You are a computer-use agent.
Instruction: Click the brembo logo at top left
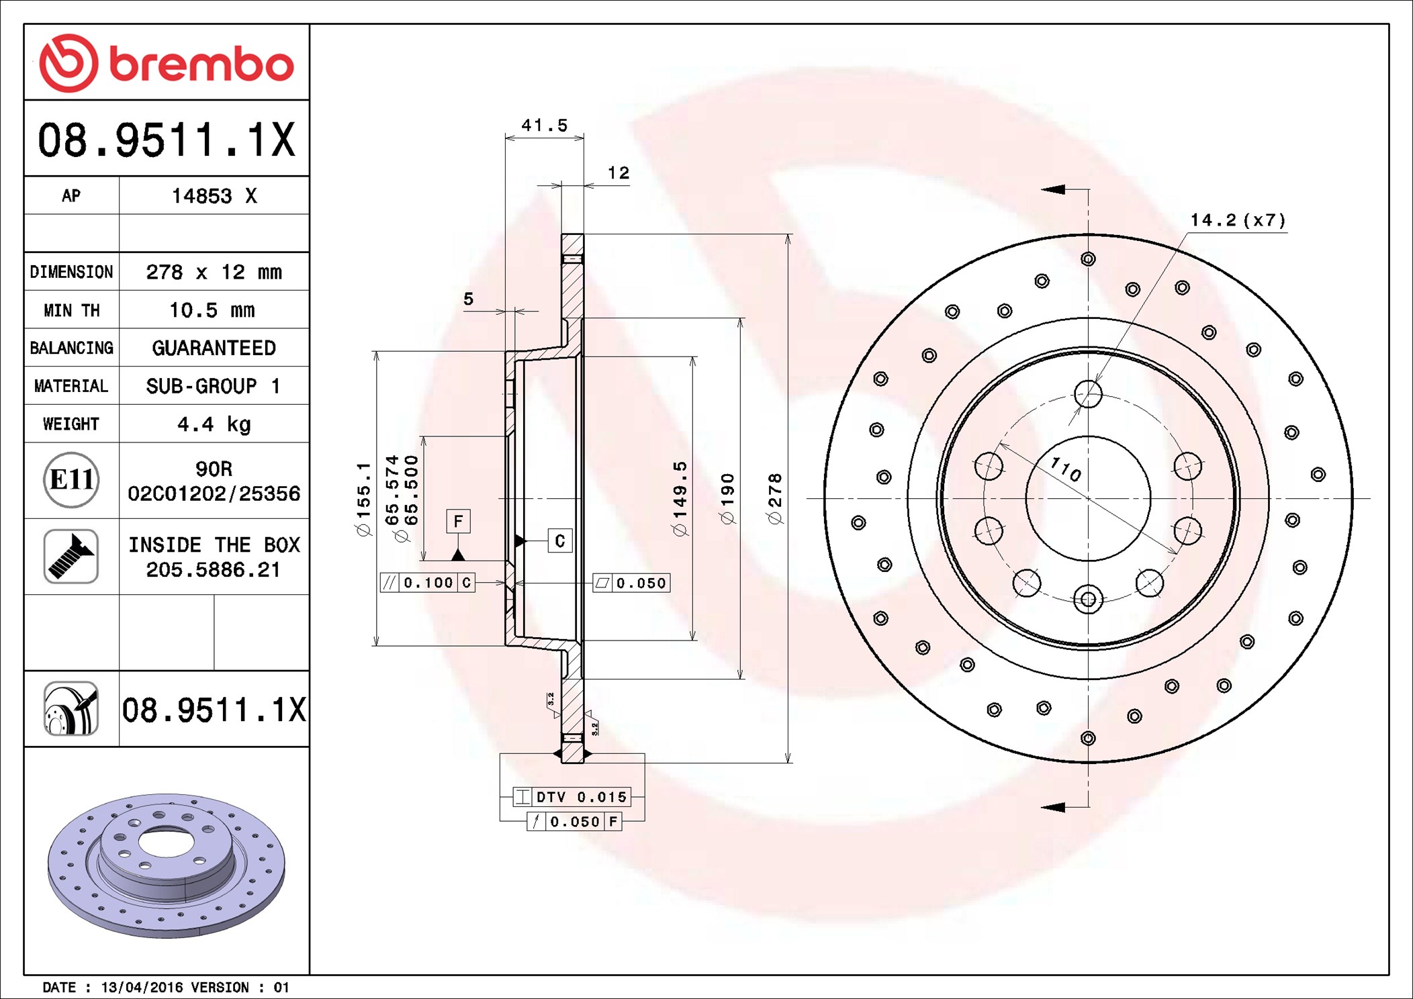(x=167, y=63)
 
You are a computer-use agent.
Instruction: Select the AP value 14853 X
(x=214, y=196)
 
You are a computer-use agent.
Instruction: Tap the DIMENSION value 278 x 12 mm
(x=214, y=272)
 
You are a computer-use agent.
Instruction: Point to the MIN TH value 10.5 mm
(x=212, y=310)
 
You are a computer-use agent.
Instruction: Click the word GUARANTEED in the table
(x=214, y=348)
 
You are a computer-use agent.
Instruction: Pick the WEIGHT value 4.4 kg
(x=214, y=424)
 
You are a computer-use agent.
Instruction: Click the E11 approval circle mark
(x=71, y=480)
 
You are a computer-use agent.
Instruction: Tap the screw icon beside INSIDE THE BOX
(x=71, y=557)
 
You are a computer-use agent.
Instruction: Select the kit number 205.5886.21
(x=213, y=570)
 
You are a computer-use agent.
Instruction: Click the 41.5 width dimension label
(x=545, y=126)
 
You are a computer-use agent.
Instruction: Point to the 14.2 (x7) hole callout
(x=1238, y=220)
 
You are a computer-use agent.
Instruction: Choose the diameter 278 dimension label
(x=775, y=499)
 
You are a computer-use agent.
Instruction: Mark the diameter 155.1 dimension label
(x=363, y=499)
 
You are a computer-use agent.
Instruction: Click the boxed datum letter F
(x=458, y=521)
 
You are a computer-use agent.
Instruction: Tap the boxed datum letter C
(x=560, y=541)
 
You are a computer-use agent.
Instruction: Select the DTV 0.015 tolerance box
(x=572, y=797)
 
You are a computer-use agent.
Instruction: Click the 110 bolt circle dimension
(x=1066, y=469)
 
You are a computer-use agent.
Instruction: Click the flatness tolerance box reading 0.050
(x=631, y=583)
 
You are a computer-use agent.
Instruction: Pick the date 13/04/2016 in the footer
(x=142, y=988)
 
